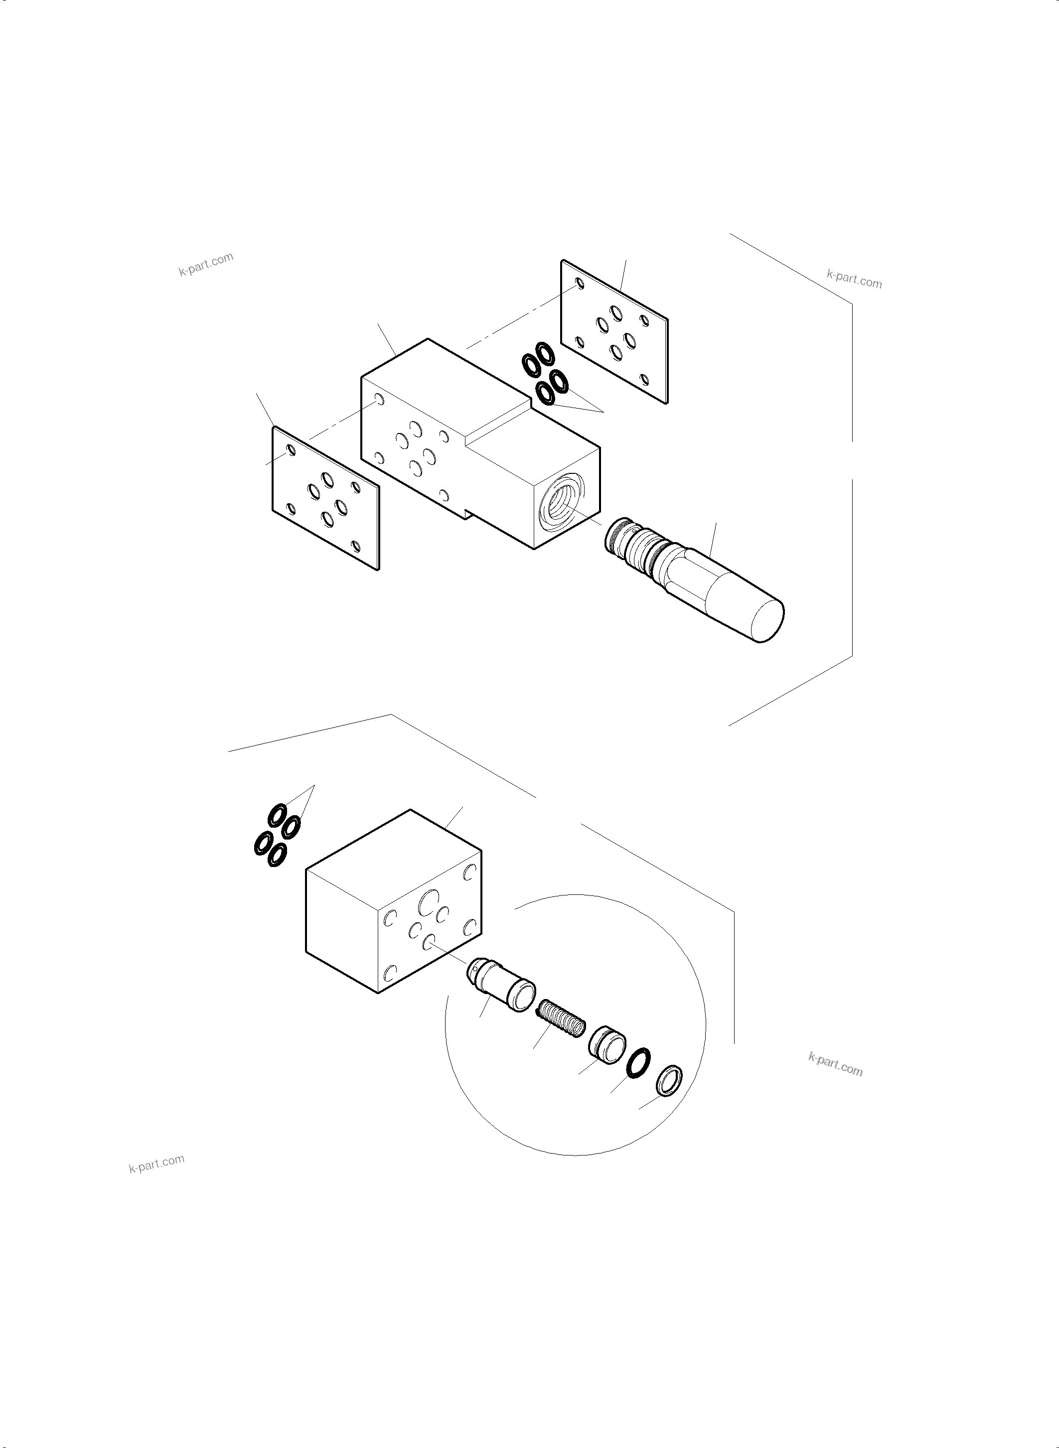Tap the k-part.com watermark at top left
206,264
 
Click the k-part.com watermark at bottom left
156,1163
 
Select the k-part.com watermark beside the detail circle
835,1065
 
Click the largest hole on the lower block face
428,904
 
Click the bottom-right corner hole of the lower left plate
356,546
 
